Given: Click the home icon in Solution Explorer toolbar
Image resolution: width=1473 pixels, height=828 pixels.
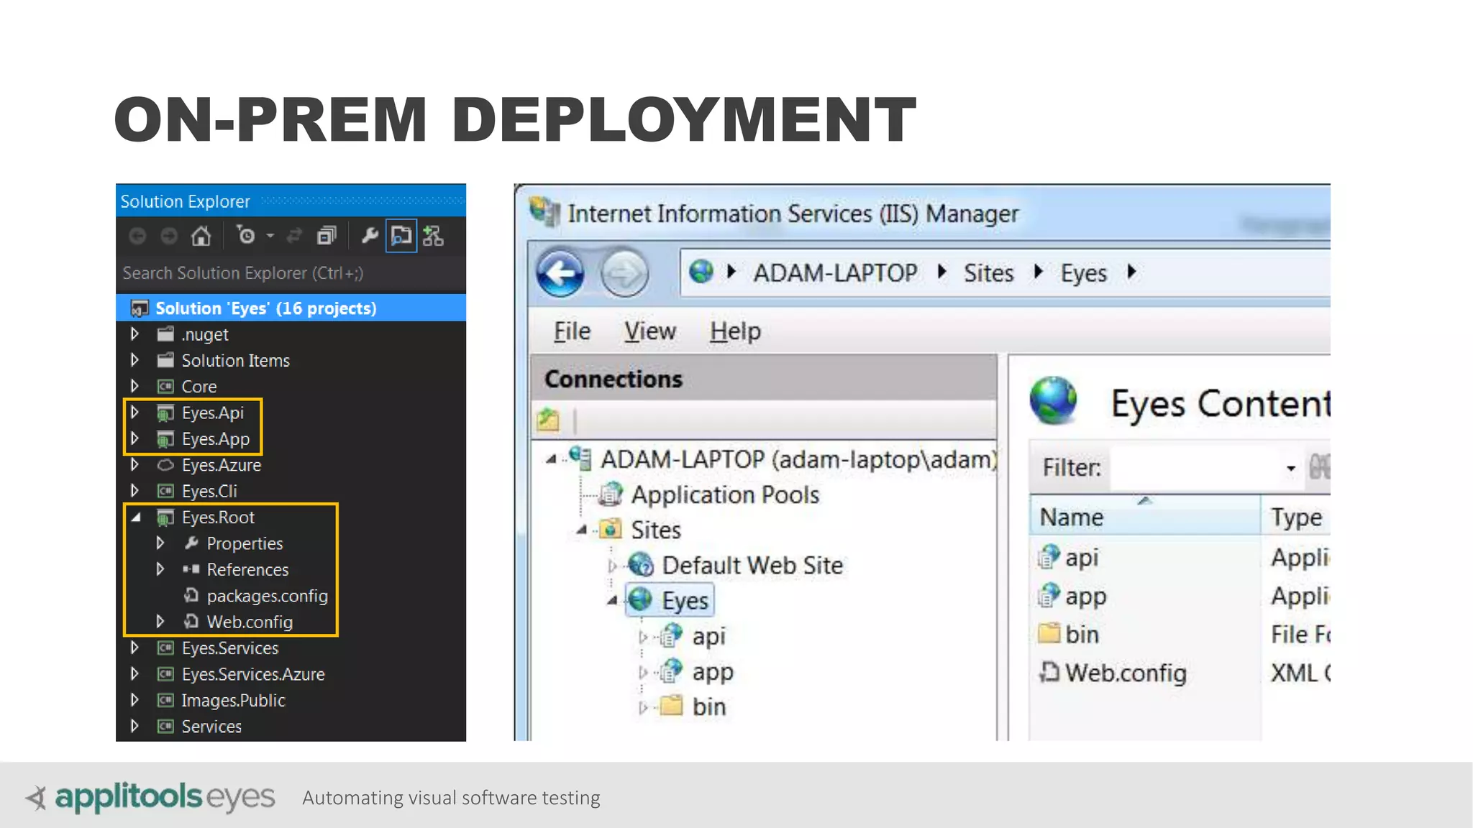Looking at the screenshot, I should [201, 236].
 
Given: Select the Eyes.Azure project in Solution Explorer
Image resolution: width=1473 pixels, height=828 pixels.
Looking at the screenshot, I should [221, 465].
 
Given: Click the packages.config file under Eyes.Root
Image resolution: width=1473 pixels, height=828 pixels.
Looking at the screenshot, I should [266, 596].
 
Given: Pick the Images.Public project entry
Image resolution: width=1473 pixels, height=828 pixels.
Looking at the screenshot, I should [233, 700].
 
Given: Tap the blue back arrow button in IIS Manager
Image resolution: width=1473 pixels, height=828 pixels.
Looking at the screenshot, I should [560, 273].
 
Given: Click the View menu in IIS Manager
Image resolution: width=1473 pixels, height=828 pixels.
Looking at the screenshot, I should [649, 331].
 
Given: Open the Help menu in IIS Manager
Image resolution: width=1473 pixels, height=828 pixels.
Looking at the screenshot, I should [735, 331].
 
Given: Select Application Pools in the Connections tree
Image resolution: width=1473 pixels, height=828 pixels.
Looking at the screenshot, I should [724, 494].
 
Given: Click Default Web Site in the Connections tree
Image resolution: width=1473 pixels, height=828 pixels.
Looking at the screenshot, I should [752, 565].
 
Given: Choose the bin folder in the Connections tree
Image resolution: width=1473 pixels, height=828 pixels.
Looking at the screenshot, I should [708, 707].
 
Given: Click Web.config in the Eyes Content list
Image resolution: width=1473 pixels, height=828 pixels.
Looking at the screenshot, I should [1125, 673].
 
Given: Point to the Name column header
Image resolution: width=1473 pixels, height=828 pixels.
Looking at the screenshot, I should [1071, 517].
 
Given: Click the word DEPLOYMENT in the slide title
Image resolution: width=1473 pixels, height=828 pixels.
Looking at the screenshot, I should [683, 119].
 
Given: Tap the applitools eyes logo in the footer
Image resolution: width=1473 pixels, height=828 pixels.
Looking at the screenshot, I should [151, 797].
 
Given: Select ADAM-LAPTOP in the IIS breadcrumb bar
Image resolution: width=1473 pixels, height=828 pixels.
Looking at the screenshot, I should [834, 273].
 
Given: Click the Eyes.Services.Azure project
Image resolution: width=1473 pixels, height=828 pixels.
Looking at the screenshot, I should [252, 674].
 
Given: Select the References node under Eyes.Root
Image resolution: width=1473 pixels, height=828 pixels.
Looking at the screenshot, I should [247, 570].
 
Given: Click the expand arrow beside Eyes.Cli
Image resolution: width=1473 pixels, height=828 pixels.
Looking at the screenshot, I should [134, 491].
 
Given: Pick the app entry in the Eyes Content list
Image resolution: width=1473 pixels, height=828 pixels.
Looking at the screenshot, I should [1085, 597].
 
